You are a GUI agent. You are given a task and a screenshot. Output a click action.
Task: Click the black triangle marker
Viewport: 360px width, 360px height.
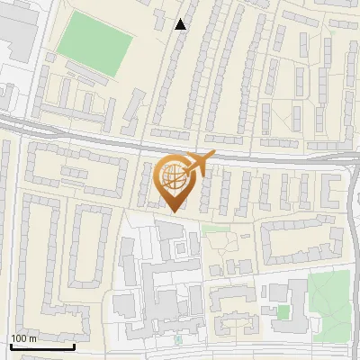181,24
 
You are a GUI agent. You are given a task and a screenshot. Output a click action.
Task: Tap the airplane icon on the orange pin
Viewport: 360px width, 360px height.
199,162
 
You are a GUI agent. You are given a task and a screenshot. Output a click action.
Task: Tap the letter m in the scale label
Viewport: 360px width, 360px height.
32,338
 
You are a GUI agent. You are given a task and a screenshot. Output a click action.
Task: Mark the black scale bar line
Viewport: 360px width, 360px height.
42,346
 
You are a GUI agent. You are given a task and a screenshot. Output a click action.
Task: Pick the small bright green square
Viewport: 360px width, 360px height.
283,312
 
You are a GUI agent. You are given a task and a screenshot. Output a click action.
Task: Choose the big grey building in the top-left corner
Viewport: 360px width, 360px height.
18,31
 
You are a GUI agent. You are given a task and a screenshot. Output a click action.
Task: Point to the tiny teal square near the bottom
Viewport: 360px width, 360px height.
177,340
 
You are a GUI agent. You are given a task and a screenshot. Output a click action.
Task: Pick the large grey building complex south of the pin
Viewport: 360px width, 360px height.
162,288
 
